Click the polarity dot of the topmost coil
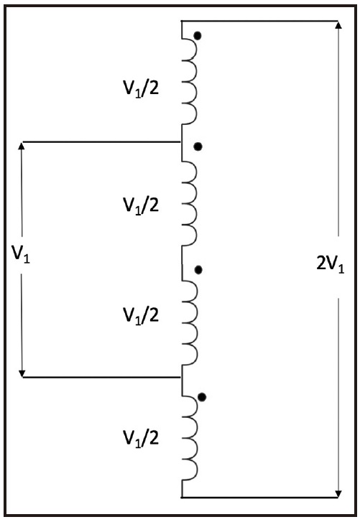pos(198,36)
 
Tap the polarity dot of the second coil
pos(198,146)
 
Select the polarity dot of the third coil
pos(198,270)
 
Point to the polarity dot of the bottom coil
pos(202,397)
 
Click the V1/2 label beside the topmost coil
pos(141,89)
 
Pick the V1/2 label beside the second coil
pos(141,205)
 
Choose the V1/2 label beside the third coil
pos(141,316)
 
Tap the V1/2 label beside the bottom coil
pos(141,438)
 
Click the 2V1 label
pos(330,266)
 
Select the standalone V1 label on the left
pos(21,254)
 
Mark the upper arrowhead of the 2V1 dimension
pos(338,25)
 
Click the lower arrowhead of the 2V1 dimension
pos(338,493)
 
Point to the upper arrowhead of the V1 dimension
pos(22,146)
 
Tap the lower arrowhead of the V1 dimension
pos(22,373)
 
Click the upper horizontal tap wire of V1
pos(101,142)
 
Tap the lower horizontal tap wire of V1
pos(101,377)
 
